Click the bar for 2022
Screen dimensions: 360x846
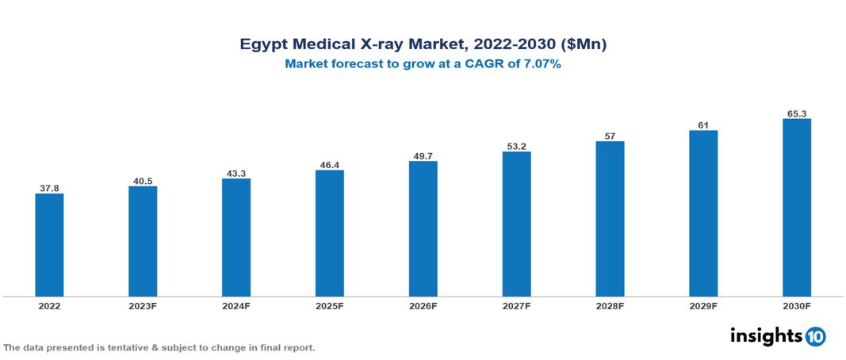49,245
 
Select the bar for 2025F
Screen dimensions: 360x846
330,233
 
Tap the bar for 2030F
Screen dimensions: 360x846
796,208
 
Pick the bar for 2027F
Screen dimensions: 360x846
516,224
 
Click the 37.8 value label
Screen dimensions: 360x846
49,188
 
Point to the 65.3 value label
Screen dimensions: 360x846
796,113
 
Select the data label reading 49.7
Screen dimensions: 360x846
423,155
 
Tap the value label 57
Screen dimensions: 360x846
610,136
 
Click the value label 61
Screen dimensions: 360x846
703,124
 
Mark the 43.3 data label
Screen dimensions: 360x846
236,173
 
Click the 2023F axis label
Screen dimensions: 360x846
143,305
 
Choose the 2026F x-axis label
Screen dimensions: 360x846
423,305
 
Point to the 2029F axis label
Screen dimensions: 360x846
703,305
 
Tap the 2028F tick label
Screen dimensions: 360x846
610,305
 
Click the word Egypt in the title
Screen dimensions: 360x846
264,45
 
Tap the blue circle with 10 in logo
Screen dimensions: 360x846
815,336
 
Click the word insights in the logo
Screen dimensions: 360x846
766,335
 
